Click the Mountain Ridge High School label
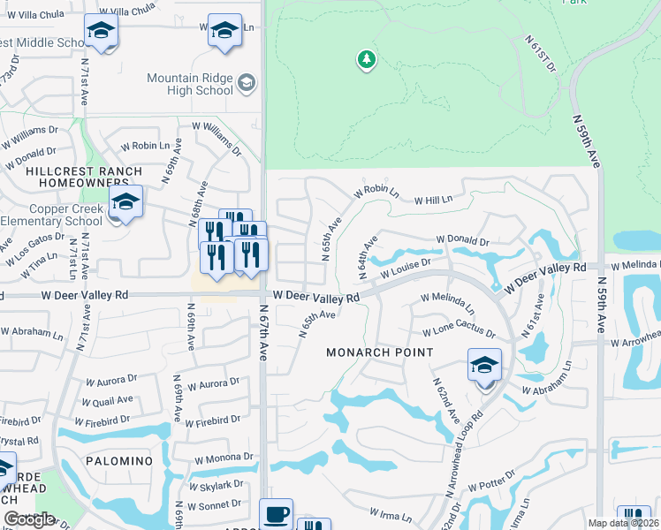[190, 84]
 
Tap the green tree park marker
[366, 60]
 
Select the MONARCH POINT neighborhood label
[380, 352]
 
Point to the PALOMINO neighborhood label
[119, 462]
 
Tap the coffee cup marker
[276, 514]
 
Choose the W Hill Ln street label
[433, 200]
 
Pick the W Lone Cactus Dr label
[459, 332]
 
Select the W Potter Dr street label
[490, 487]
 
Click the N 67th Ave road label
[262, 332]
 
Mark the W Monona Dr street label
[224, 458]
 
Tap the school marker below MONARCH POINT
[484, 366]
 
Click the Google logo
[29, 519]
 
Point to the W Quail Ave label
[105, 399]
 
